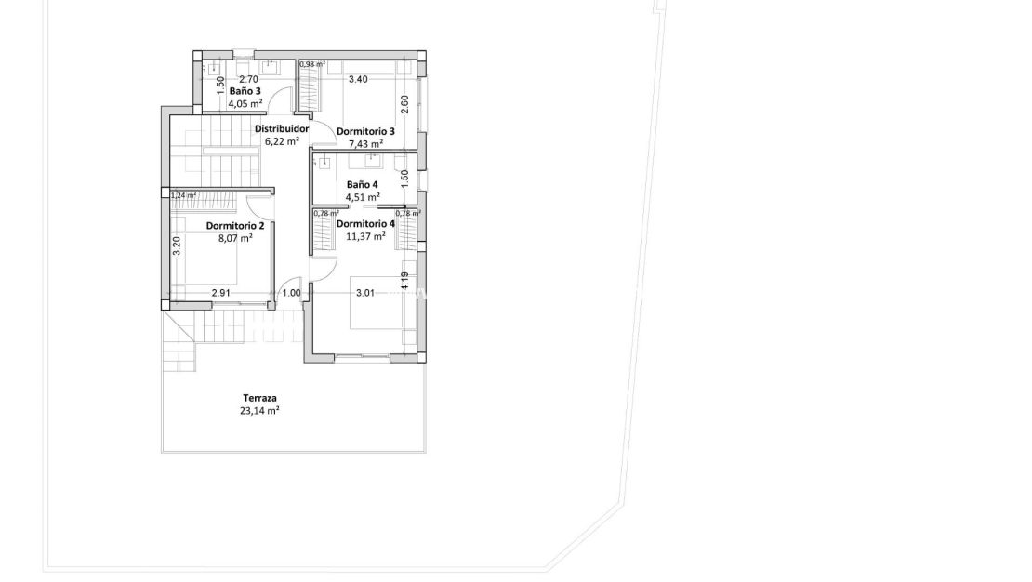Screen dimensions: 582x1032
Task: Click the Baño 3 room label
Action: [245, 91]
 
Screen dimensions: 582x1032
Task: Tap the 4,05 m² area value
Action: [245, 103]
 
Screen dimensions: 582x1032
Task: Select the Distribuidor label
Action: [282, 129]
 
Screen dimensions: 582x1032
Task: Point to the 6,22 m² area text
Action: [282, 141]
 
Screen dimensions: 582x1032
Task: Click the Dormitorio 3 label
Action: [365, 131]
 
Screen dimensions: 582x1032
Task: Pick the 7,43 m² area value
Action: [365, 144]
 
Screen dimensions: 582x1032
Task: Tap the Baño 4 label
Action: [362, 184]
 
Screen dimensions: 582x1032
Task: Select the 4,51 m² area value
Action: [362, 197]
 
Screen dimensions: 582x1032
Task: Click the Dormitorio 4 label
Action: [365, 224]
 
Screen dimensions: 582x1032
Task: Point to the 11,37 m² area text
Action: [365, 236]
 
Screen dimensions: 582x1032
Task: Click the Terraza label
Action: [260, 397]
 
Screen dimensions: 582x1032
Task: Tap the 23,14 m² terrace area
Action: [260, 410]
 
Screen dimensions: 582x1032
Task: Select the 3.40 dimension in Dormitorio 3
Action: [357, 80]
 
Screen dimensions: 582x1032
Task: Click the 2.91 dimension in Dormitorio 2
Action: [220, 293]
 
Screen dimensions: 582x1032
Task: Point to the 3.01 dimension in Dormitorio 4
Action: [364, 293]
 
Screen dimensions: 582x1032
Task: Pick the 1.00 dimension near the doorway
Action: [291, 293]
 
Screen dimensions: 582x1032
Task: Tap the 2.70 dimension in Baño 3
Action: [248, 80]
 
